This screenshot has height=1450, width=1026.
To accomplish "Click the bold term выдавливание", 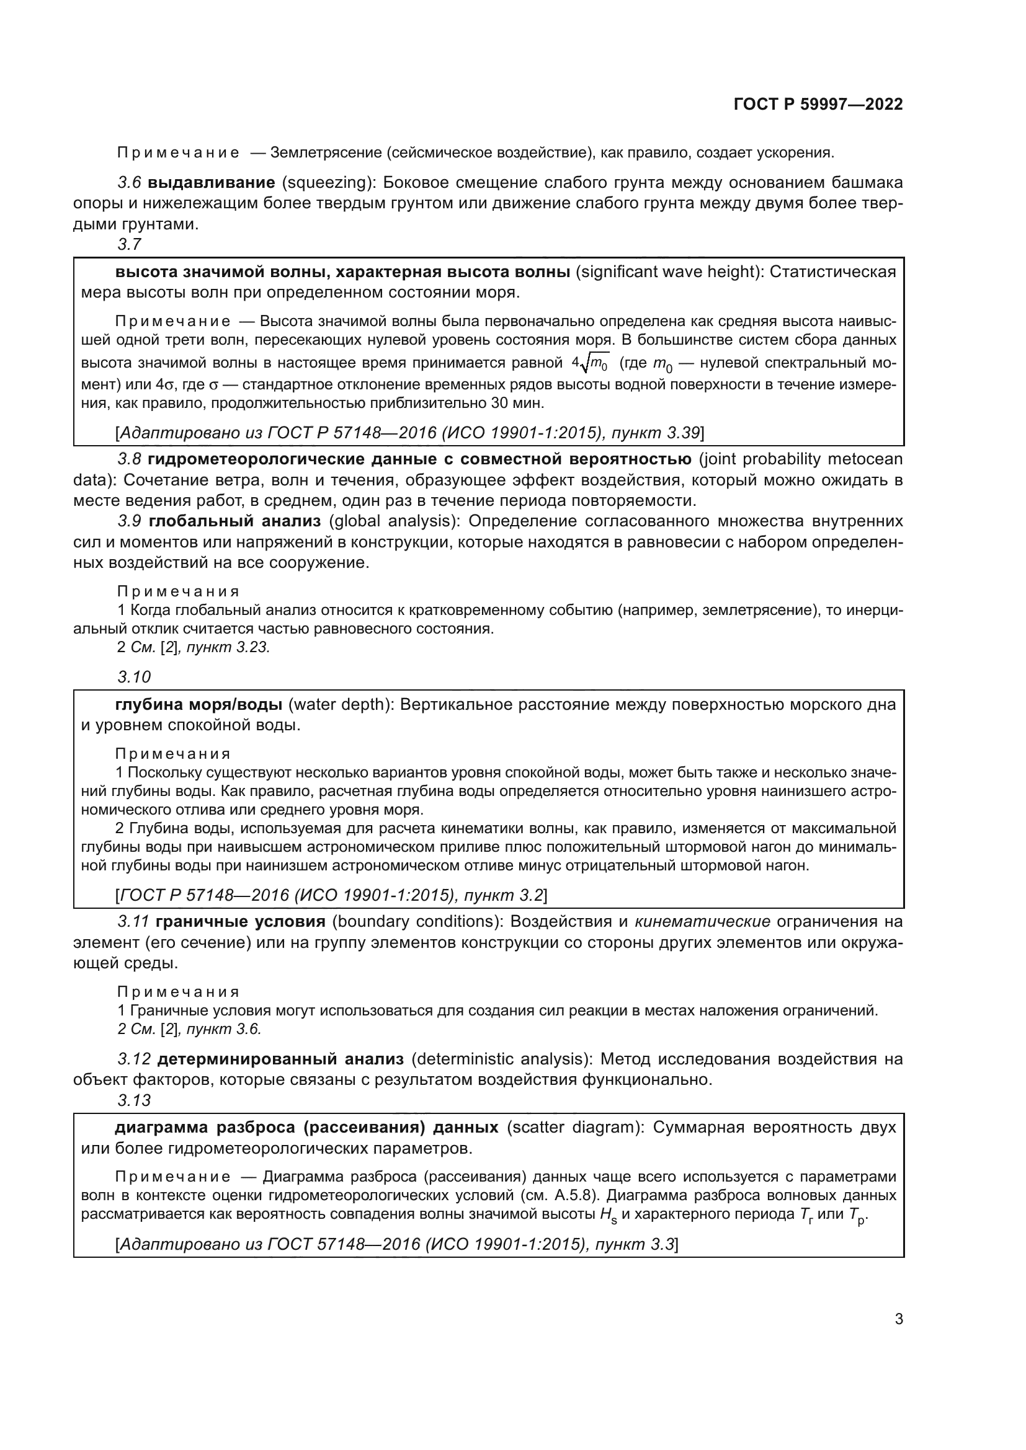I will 211,182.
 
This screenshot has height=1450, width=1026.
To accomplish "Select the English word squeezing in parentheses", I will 328,182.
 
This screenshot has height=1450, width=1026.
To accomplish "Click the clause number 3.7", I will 130,244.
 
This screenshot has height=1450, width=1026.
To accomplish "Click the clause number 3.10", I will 134,676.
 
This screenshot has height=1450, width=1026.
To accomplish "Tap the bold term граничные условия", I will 240,921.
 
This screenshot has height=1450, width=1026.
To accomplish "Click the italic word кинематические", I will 702,921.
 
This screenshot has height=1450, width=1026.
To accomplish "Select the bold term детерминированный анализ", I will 280,1058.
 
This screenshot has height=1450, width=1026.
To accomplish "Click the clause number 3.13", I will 134,1100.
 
